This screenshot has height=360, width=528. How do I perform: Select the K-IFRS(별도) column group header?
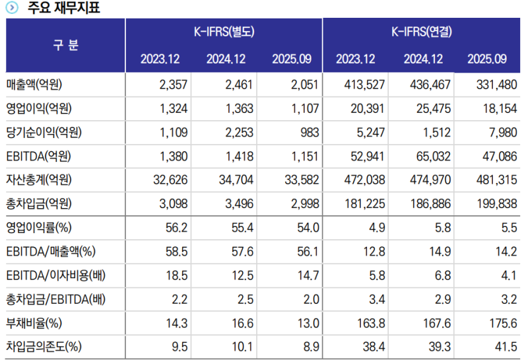point(224,32)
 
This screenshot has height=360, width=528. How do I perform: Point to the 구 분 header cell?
point(65,46)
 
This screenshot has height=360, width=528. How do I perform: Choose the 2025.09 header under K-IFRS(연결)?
point(487,59)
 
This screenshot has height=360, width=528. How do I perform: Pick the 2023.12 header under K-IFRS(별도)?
point(160,59)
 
